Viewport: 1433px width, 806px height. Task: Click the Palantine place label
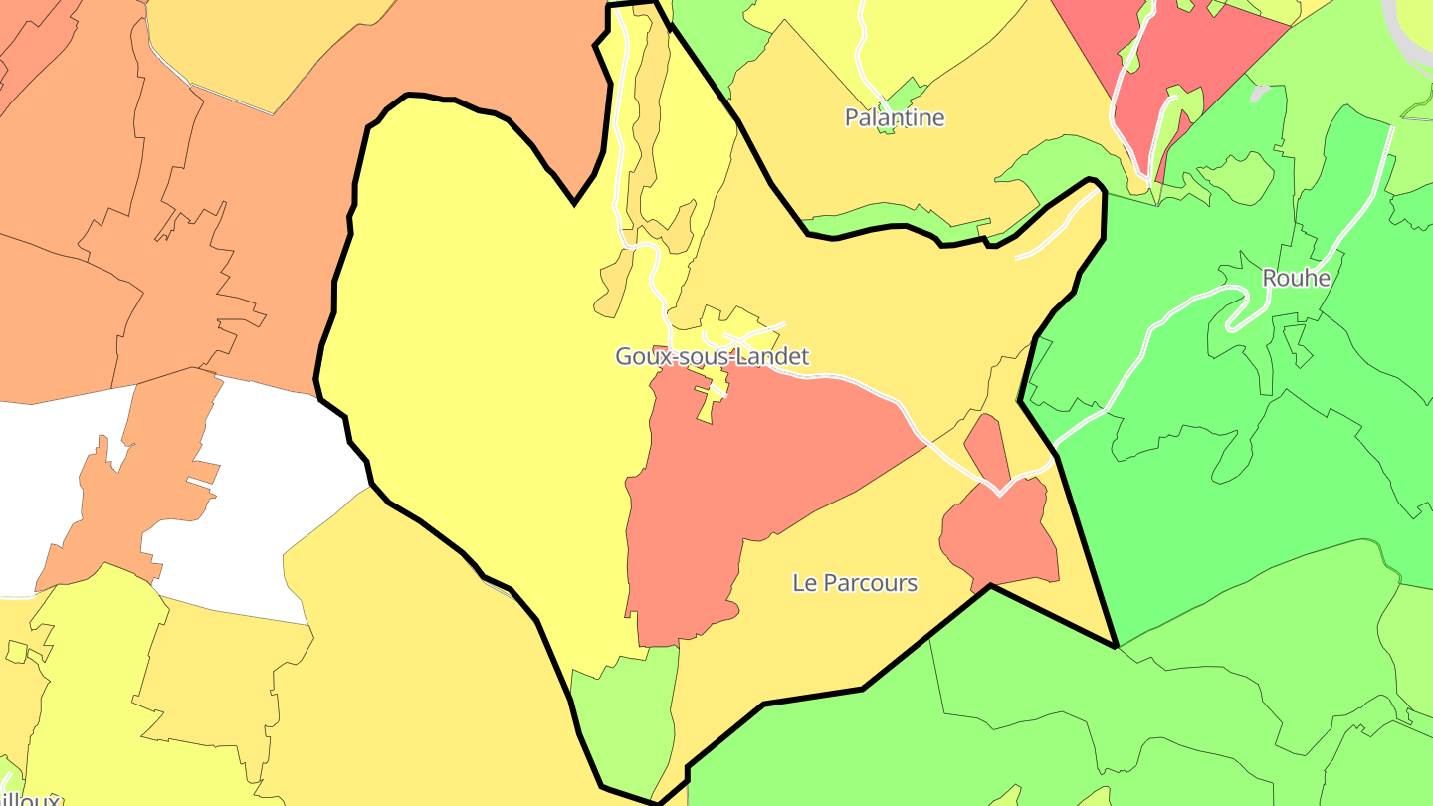tap(894, 117)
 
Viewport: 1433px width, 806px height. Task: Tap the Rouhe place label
tap(1296, 278)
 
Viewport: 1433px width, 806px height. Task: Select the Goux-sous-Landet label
tap(712, 356)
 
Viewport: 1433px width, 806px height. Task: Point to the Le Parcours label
tap(854, 582)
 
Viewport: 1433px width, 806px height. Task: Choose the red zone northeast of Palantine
tap(1194, 60)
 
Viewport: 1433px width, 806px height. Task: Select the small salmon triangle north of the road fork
tap(986, 448)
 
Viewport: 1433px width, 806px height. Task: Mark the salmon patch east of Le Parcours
tap(1000, 537)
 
